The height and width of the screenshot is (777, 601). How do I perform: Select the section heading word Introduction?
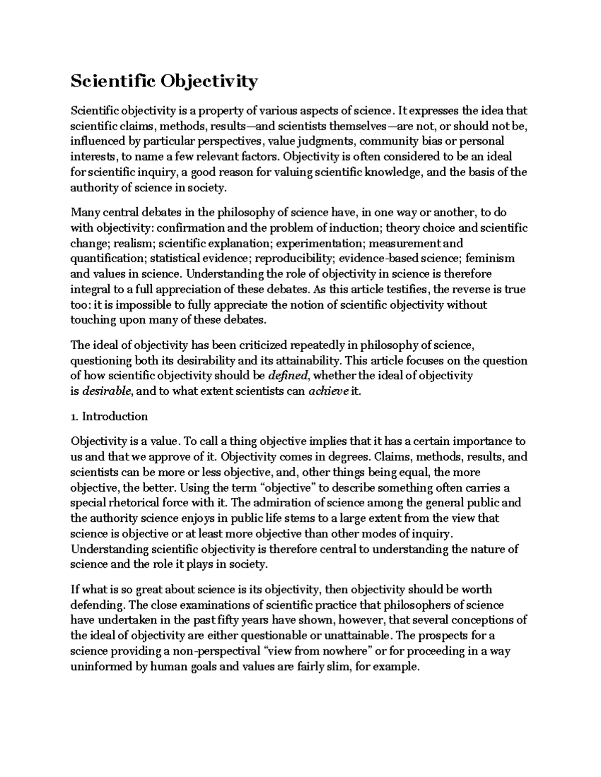[115, 416]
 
